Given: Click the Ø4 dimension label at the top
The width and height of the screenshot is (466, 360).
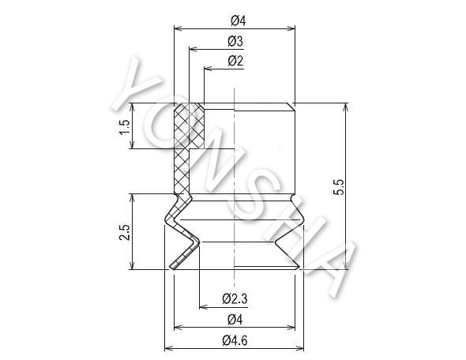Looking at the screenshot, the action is (239, 21).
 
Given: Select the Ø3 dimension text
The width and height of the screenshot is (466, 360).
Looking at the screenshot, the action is (235, 42).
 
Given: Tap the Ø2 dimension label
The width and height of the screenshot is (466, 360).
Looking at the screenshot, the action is (235, 62).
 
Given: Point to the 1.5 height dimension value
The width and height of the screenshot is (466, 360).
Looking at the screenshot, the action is (124, 127).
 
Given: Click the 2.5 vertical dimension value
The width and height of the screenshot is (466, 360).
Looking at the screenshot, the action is (124, 232).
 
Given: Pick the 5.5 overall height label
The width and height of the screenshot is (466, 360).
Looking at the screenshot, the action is (339, 186).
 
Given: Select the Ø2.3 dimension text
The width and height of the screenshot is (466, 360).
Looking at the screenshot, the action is (235, 298).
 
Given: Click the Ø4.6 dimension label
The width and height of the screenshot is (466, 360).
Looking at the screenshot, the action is (235, 340).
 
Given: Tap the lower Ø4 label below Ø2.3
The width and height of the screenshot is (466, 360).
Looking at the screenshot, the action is (235, 320).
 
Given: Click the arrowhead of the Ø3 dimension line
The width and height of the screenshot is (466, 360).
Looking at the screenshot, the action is (194, 49).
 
